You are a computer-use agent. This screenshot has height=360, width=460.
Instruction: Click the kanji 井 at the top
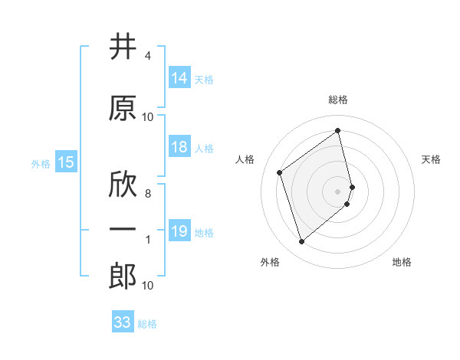click(x=123, y=47)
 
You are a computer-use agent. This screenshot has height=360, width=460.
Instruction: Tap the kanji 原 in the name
click(x=123, y=108)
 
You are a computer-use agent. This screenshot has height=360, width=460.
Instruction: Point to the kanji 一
click(x=123, y=230)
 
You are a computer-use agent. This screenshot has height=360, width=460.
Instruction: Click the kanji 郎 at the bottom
click(x=123, y=277)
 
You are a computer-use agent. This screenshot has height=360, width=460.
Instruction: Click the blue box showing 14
click(x=179, y=78)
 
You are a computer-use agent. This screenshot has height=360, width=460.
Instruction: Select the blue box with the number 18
click(x=179, y=148)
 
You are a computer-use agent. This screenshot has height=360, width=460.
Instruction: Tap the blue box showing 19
click(x=179, y=231)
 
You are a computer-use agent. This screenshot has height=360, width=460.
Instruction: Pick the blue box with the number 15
click(x=65, y=162)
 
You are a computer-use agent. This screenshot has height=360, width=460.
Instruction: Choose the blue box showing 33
click(x=123, y=322)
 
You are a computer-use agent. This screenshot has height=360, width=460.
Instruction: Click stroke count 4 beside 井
click(x=147, y=56)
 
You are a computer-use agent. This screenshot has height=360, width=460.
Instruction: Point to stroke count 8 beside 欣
click(x=147, y=194)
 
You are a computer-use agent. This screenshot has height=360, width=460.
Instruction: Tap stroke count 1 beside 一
click(x=147, y=240)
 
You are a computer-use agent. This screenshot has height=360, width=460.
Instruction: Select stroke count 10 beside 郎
click(x=147, y=286)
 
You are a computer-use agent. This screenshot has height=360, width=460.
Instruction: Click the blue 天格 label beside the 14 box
click(x=204, y=79)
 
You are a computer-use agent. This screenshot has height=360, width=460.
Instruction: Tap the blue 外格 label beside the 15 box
click(x=41, y=163)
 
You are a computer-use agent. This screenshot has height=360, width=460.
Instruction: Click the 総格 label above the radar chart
click(x=338, y=100)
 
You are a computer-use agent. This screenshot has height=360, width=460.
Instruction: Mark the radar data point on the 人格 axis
click(x=280, y=173)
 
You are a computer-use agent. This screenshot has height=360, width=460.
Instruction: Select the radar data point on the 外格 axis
click(x=301, y=242)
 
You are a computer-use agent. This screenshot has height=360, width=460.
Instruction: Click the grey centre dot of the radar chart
click(x=338, y=191)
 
